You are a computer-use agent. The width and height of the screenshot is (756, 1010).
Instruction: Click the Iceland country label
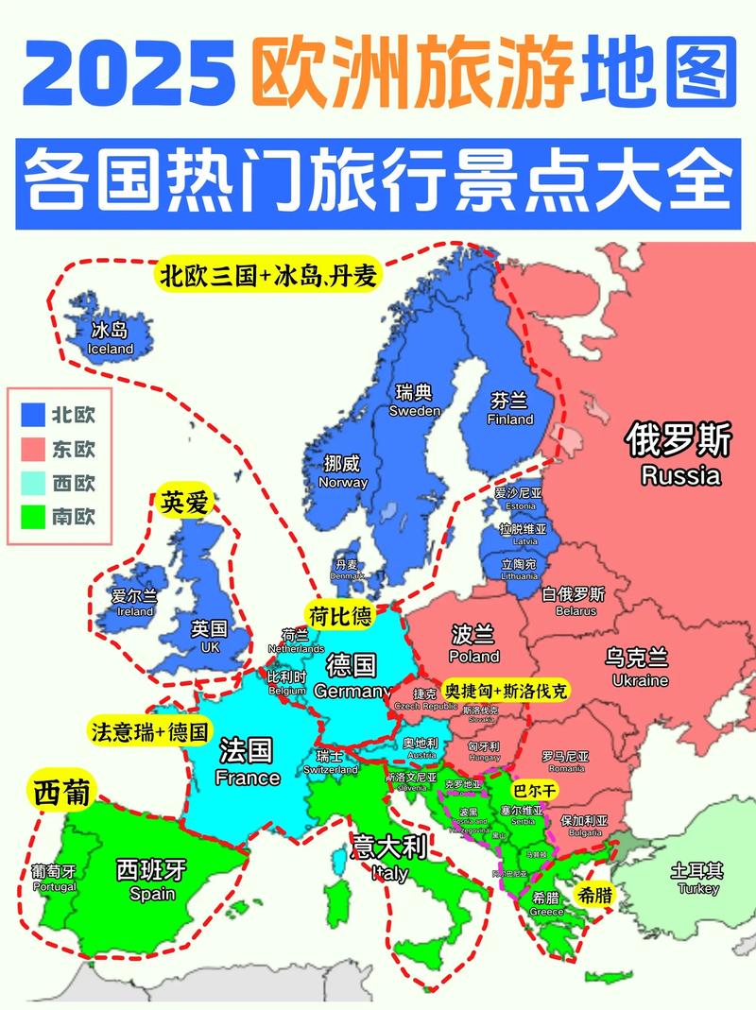click(x=110, y=338)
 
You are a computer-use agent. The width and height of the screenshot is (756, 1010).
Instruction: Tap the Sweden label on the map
click(x=414, y=401)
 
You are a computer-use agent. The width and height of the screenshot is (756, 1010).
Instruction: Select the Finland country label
click(x=510, y=409)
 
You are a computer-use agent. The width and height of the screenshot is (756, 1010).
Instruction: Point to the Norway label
click(x=343, y=471)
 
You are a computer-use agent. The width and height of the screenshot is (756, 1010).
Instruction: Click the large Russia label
click(x=680, y=455)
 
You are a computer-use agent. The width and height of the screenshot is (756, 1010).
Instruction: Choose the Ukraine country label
click(x=639, y=667)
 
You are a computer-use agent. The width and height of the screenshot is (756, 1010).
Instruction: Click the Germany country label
click(x=352, y=676)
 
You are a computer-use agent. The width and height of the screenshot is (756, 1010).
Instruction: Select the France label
click(x=247, y=763)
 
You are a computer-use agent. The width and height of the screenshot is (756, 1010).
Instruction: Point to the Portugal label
click(x=54, y=879)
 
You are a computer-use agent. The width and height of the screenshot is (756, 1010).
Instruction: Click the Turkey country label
click(x=697, y=880)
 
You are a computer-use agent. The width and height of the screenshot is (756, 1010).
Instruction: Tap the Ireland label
click(x=134, y=603)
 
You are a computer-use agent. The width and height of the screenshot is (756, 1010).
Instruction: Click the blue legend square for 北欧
click(x=34, y=414)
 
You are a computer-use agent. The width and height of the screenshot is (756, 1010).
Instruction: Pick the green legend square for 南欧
click(x=34, y=516)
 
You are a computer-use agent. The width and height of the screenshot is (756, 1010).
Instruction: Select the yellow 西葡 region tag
click(x=61, y=794)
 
